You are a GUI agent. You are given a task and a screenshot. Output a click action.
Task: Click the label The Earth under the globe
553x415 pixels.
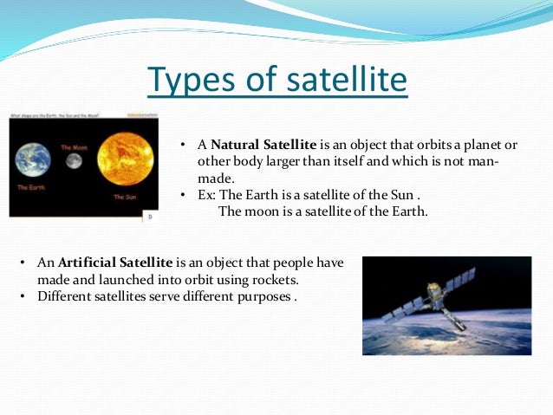click(30, 188)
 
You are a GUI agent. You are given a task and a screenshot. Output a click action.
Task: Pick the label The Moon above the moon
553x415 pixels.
click(73, 148)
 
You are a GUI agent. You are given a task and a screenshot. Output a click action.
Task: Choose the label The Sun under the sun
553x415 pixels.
click(126, 198)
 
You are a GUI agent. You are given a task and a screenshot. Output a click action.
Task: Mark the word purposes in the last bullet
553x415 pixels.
click(260, 295)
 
